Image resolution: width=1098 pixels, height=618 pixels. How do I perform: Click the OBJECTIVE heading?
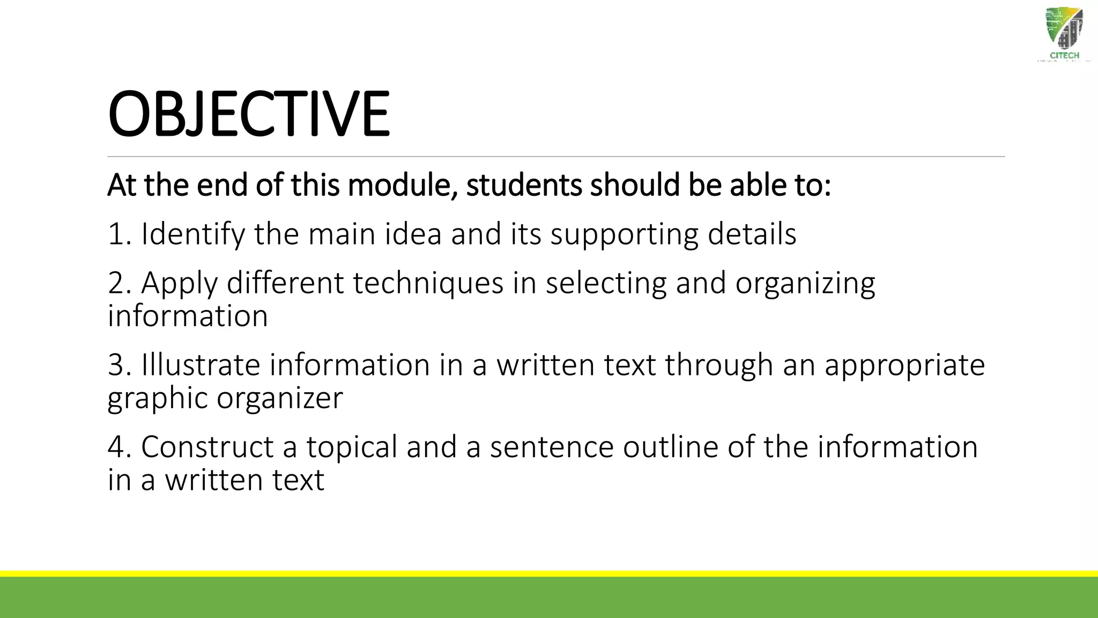pos(248,114)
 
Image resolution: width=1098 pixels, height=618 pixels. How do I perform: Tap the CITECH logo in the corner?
pos(1064,38)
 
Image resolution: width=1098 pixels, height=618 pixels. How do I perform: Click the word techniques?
pos(428,283)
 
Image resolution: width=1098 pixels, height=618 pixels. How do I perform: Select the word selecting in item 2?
pos(606,283)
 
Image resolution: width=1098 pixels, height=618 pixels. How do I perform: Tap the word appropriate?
pos(904,365)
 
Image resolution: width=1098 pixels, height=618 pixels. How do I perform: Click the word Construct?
pos(207,447)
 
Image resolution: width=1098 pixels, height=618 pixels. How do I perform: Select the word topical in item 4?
pos(352,447)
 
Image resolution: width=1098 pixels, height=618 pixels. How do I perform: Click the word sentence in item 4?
pos(551,447)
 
